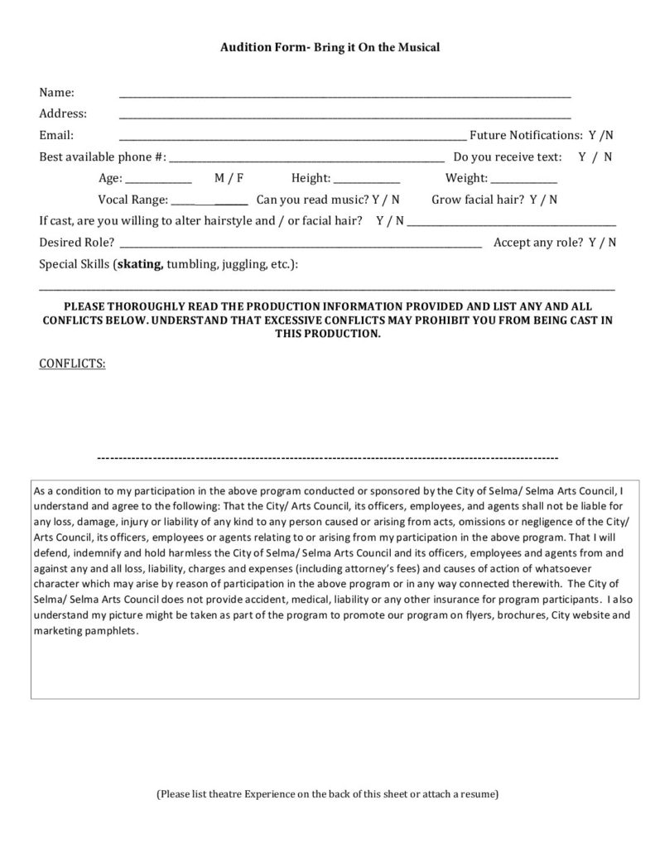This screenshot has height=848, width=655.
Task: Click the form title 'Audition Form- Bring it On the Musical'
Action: point(330,48)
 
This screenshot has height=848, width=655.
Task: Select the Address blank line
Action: point(344,118)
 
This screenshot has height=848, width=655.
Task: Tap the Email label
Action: point(56,135)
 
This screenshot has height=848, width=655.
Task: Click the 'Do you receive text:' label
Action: point(507,157)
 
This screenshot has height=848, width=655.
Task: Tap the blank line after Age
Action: point(158,181)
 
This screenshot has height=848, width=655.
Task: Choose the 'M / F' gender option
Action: point(229,178)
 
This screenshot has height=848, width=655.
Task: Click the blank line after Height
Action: point(367,181)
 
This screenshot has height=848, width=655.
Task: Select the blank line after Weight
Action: point(524,181)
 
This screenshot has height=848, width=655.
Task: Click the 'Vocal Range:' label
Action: point(132,200)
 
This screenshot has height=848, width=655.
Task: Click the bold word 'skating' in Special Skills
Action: point(140,264)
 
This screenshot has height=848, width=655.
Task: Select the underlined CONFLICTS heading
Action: point(72,364)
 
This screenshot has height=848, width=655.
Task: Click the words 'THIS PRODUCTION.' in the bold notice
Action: point(328,333)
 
